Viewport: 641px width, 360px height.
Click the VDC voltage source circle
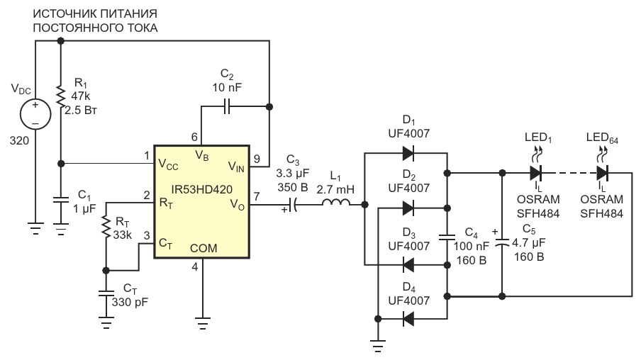(x=35, y=114)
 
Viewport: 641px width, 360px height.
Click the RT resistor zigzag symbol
(x=106, y=227)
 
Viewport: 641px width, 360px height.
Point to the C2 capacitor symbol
(x=227, y=107)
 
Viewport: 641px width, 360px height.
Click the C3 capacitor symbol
(x=291, y=204)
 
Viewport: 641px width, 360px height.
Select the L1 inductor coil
(x=335, y=202)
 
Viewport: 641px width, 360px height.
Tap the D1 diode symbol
(x=408, y=153)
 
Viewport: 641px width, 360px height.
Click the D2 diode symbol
(x=408, y=208)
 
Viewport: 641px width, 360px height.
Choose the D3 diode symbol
(x=408, y=264)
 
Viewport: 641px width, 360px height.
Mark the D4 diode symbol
(x=408, y=319)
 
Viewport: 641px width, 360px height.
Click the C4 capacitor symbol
(x=447, y=237)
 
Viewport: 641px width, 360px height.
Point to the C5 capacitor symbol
(x=502, y=242)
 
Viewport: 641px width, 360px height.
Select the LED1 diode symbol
(x=535, y=173)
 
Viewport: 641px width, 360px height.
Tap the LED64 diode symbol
(x=602, y=173)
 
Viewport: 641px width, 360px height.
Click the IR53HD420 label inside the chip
(x=202, y=190)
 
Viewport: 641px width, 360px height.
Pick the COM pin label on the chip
(x=204, y=248)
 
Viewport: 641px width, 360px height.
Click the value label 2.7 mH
(x=335, y=190)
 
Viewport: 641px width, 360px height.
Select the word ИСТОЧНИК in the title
(x=63, y=14)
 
